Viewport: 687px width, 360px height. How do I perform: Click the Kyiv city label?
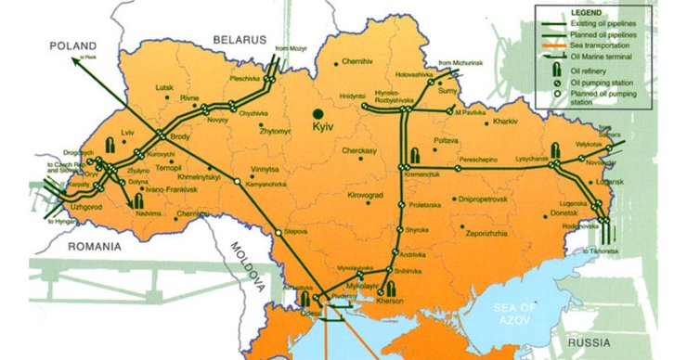322,125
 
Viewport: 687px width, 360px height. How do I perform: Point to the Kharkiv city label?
506,122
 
